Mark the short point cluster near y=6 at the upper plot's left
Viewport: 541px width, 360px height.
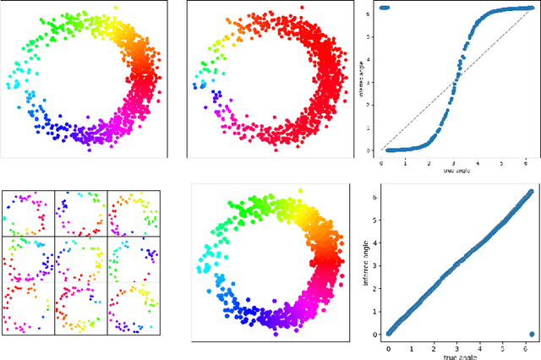pos(385,8)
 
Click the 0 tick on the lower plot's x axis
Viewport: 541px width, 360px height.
pos(389,346)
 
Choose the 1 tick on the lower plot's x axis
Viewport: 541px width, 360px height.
pos(412,346)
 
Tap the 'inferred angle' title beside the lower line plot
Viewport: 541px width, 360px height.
pos(365,262)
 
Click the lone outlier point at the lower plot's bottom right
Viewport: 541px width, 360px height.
pos(531,333)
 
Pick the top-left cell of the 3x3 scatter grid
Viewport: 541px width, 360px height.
pos(29,214)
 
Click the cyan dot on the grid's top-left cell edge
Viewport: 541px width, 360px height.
pos(5,218)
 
